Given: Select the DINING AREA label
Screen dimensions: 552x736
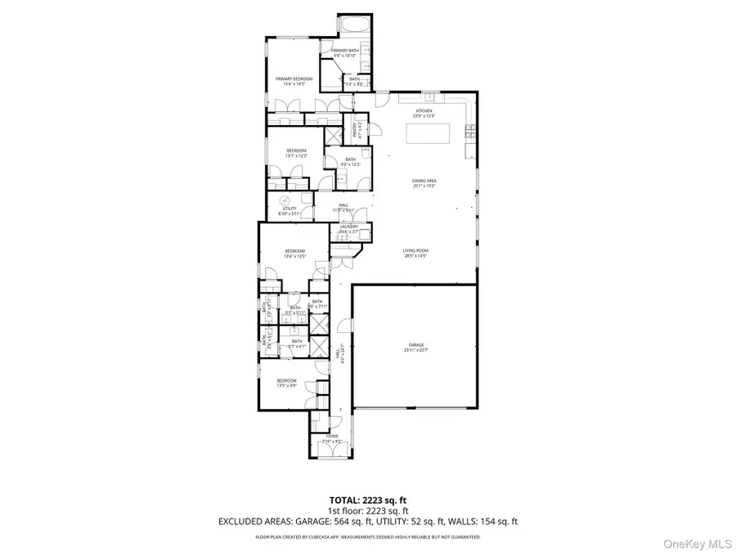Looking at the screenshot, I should coord(424,184).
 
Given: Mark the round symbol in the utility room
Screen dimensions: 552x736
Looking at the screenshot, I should coord(285,200).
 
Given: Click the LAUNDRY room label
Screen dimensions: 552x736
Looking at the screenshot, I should coord(349,229).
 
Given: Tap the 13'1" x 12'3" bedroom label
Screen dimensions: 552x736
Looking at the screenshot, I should coord(296,153).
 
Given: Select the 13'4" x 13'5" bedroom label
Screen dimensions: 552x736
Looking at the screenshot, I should coord(294,253).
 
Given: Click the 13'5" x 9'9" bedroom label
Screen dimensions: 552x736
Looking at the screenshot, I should coord(286,383).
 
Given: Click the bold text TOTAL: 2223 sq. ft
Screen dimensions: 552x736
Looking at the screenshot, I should coord(368,499).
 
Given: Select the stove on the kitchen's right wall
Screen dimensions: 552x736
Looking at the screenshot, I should coord(471,130).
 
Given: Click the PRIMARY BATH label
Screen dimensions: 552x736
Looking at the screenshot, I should coord(344,53).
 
